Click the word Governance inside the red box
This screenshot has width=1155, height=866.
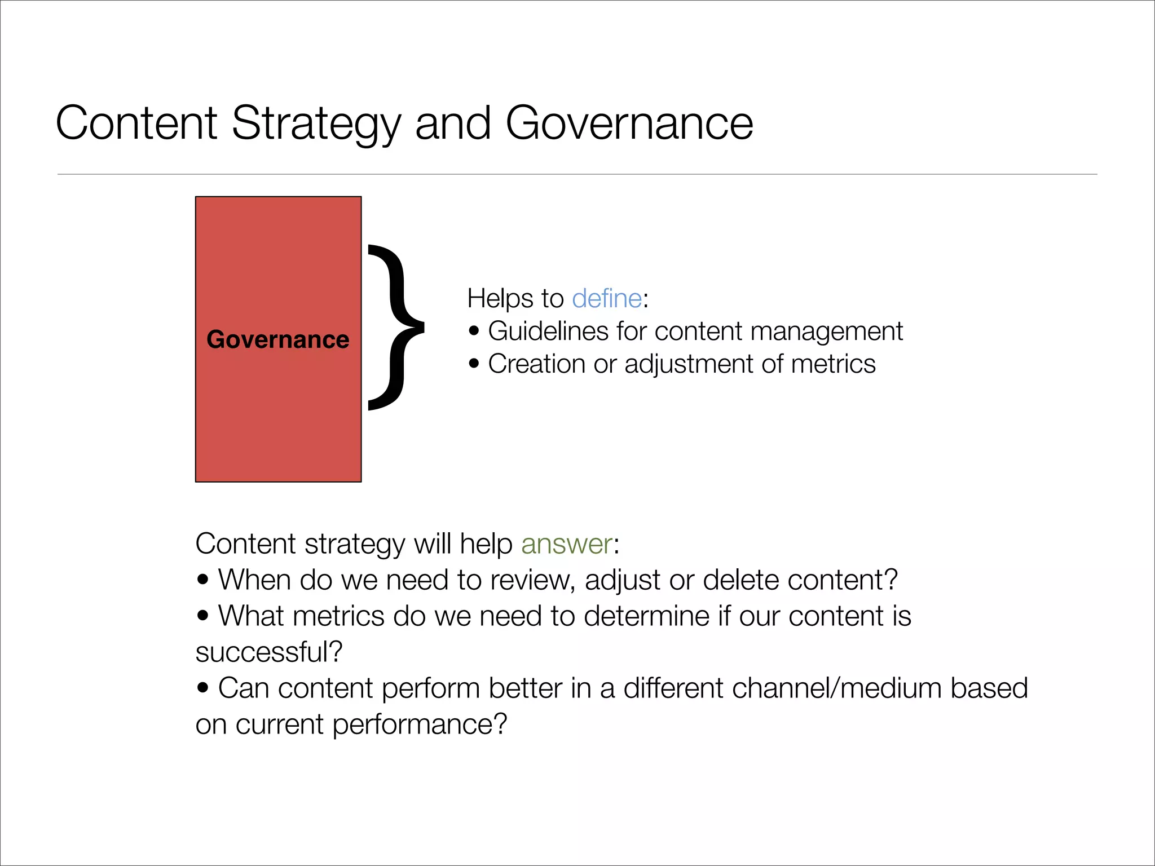(x=277, y=339)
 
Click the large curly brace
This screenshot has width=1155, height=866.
(x=396, y=327)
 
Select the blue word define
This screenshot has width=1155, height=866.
(x=607, y=298)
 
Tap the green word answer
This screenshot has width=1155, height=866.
(x=566, y=544)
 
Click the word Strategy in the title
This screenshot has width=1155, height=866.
(x=316, y=124)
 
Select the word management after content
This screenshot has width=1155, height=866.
(x=826, y=331)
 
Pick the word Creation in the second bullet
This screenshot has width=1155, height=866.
(x=536, y=364)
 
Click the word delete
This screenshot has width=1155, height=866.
(x=740, y=580)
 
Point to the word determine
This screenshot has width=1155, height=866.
(x=646, y=616)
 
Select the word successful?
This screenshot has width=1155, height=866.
(x=269, y=652)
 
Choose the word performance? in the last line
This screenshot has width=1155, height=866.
(x=420, y=724)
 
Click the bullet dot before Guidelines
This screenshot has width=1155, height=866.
(x=474, y=331)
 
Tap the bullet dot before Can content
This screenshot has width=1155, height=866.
(x=203, y=688)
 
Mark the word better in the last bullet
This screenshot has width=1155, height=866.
(x=525, y=688)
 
